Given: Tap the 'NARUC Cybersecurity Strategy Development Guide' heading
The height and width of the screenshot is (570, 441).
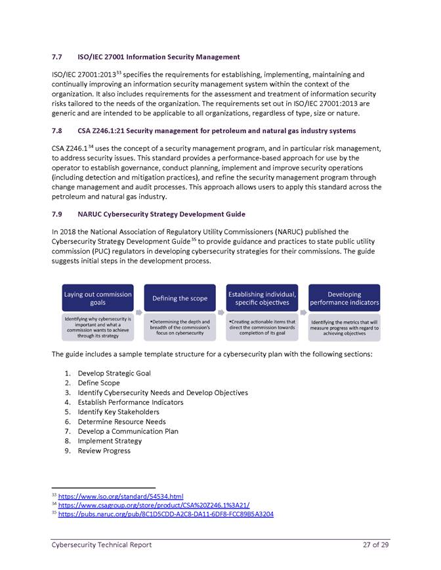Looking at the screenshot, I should coord(162,214).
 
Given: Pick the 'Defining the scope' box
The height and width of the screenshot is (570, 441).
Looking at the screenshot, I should coord(180,298).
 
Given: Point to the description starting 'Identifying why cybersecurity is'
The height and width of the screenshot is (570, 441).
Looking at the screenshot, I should coord(98,327).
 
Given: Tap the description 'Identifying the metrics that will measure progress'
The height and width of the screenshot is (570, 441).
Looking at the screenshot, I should coord(345,327).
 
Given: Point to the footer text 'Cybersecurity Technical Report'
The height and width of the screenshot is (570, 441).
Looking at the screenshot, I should coord(102,545).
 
